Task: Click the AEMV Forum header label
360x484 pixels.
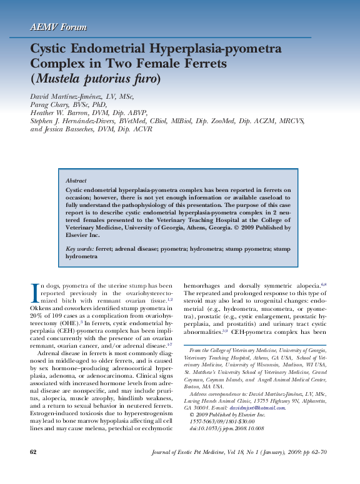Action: pyautogui.click(x=58, y=27)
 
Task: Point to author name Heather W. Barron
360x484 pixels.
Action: pyautogui.click(x=59, y=113)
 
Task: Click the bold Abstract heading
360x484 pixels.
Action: pyautogui.click(x=76, y=179)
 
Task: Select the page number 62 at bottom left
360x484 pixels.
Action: pyautogui.click(x=34, y=469)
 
